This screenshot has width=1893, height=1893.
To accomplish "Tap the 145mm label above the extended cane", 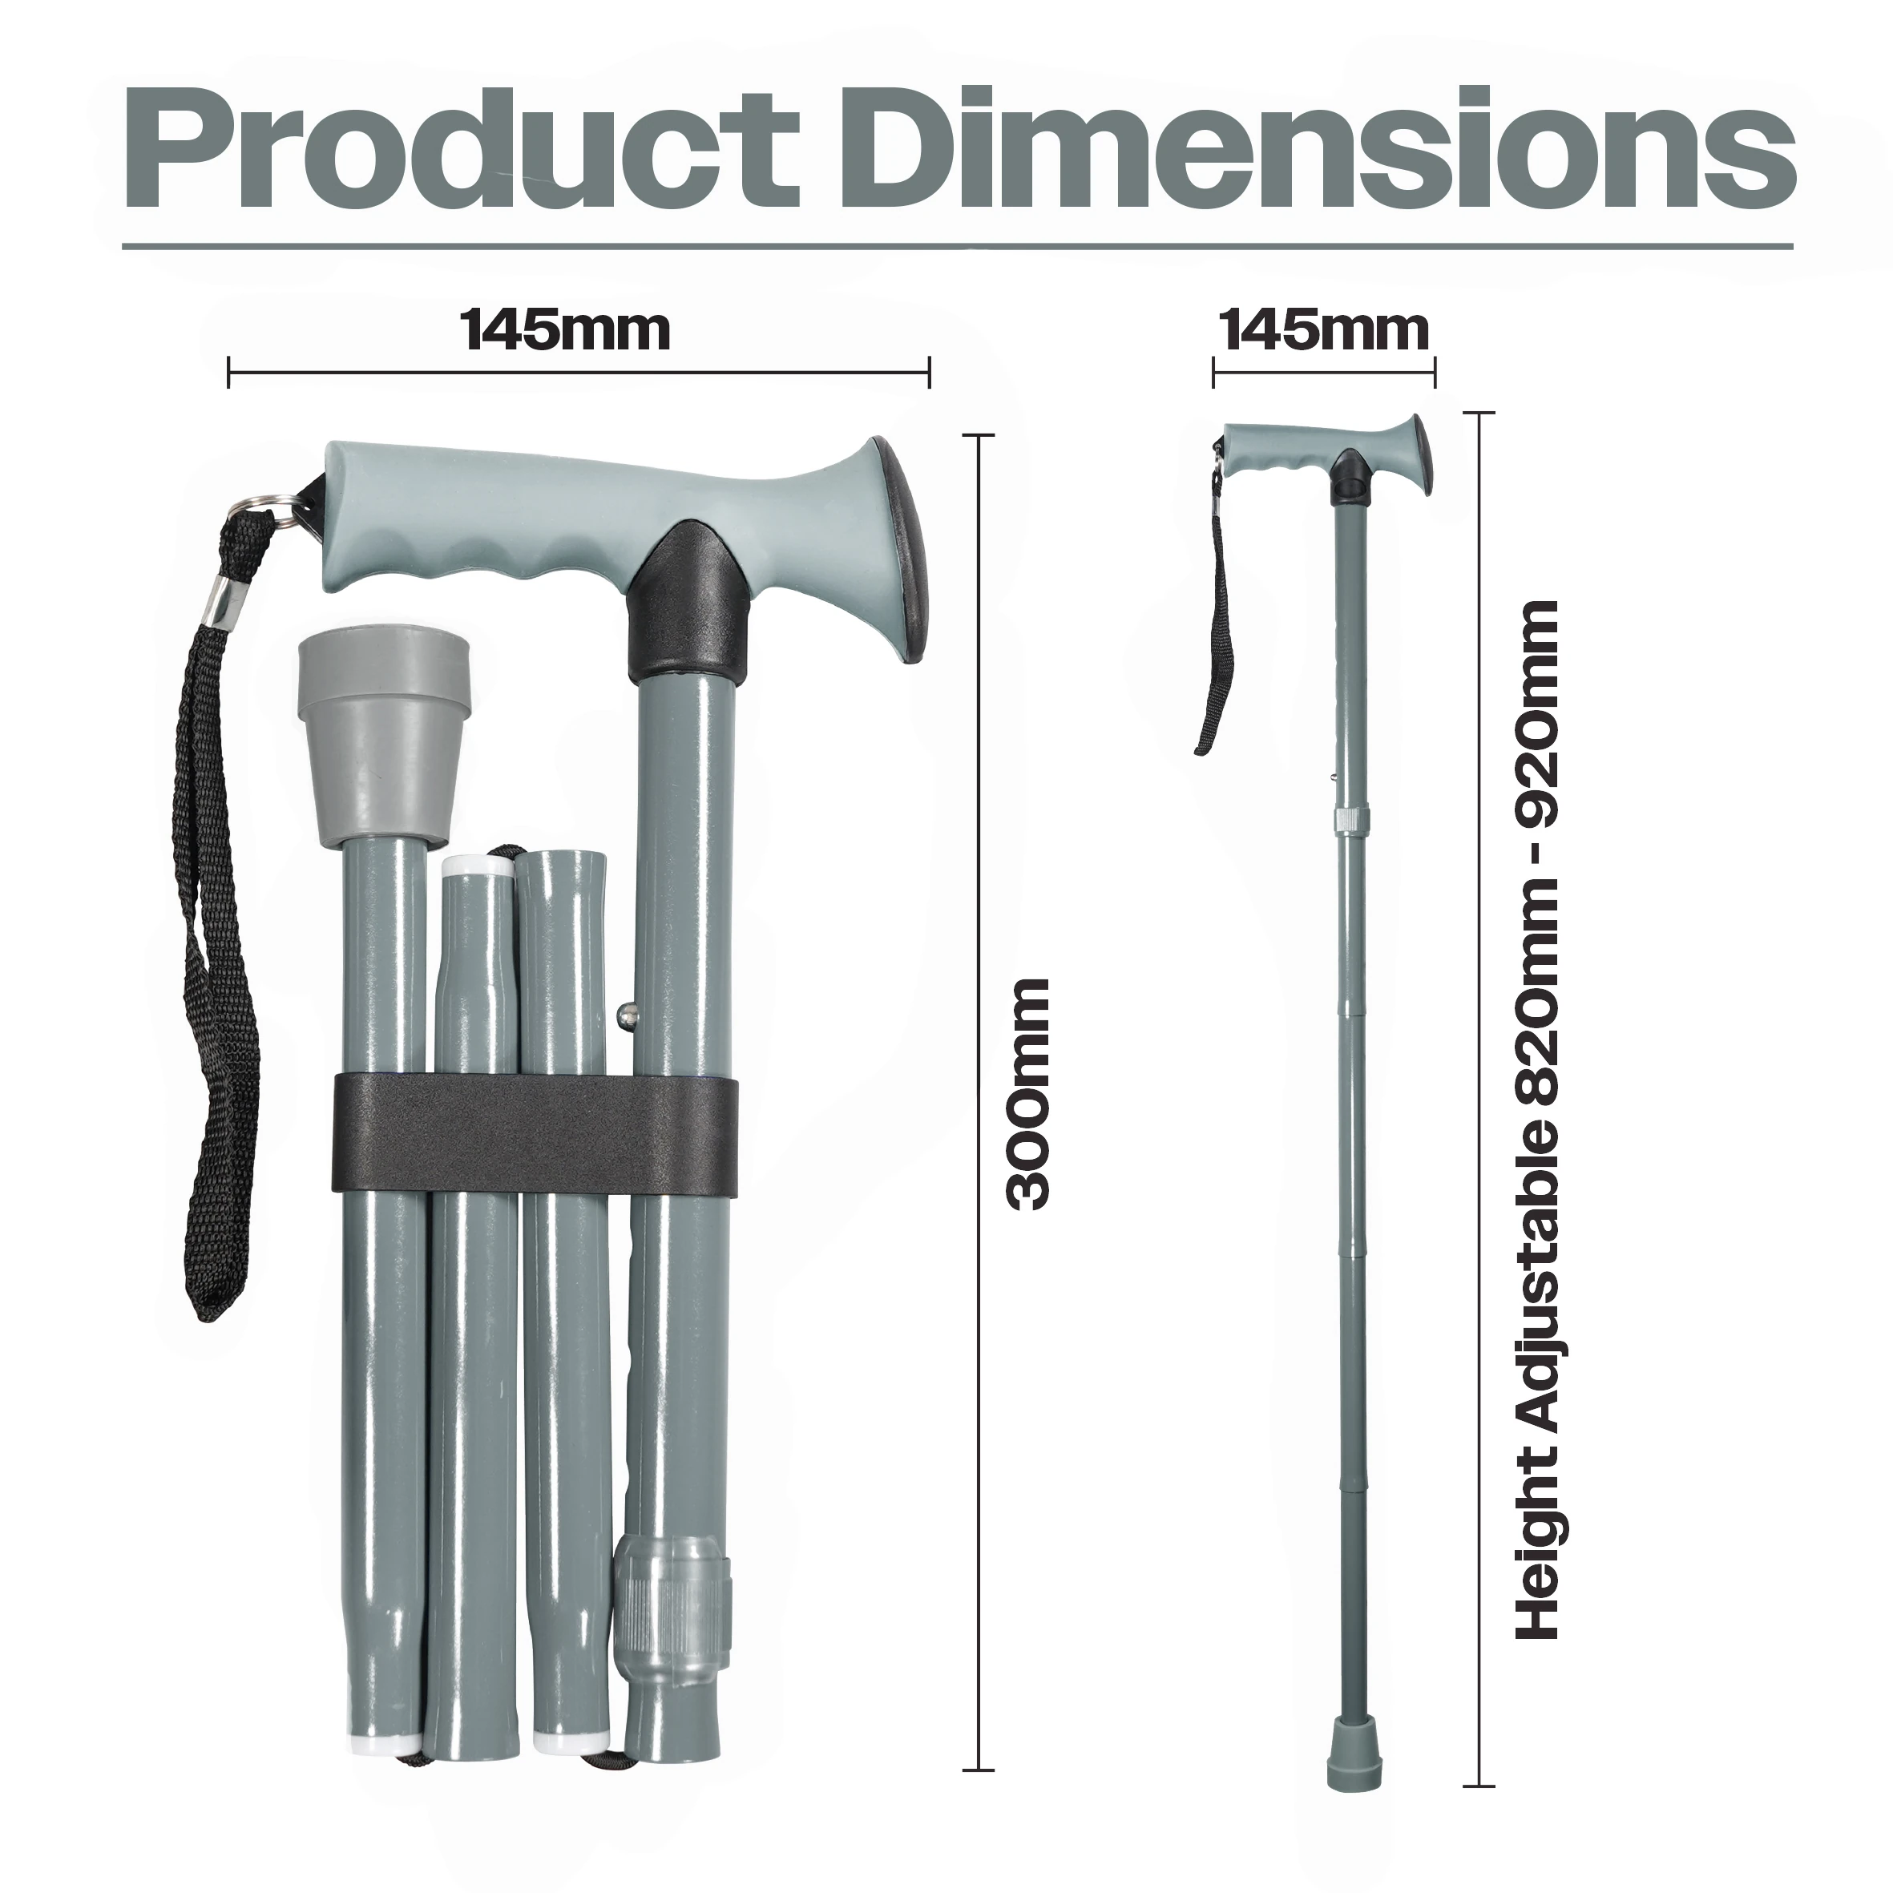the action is point(1325,330).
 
